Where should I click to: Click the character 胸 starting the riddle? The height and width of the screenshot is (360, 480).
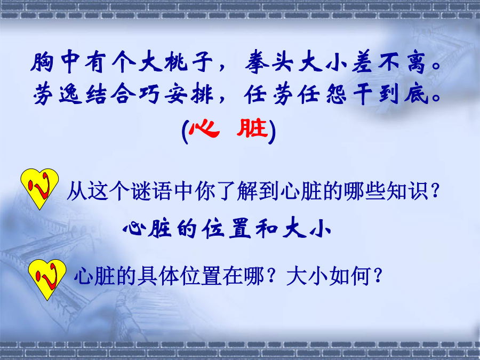(42, 62)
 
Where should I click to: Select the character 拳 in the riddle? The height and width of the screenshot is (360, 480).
(258, 62)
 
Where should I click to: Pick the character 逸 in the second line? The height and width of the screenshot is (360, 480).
(71, 94)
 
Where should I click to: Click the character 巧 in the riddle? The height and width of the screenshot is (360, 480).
(150, 94)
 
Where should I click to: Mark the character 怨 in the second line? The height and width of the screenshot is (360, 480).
(337, 94)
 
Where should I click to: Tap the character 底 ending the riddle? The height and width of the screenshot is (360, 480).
(416, 94)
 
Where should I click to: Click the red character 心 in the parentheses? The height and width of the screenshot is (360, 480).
(204, 129)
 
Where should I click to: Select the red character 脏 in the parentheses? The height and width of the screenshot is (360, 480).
(252, 128)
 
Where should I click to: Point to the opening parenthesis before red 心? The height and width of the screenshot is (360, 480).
(185, 132)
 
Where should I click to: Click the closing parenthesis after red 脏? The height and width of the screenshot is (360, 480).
(272, 132)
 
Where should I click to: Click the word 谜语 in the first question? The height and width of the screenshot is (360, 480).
(151, 191)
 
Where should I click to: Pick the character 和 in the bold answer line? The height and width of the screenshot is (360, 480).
(266, 229)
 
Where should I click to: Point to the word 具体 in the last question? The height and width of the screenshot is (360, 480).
(158, 276)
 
